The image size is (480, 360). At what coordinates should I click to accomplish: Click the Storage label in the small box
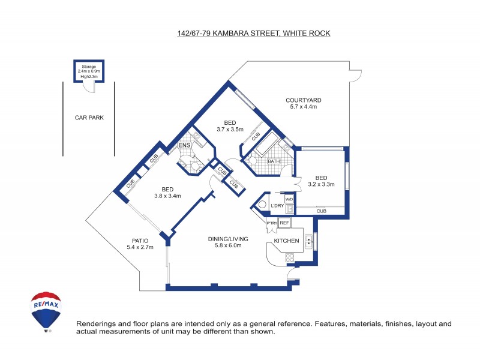pyautogui.click(x=88, y=66)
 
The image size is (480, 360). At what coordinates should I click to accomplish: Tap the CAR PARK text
pyautogui.click(x=89, y=118)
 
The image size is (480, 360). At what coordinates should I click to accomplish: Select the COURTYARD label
pyautogui.click(x=304, y=100)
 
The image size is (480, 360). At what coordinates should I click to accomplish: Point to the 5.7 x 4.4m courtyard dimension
pyautogui.click(x=304, y=107)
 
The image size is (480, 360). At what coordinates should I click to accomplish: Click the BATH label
pyautogui.click(x=274, y=161)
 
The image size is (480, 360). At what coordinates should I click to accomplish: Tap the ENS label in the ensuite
pyautogui.click(x=184, y=146)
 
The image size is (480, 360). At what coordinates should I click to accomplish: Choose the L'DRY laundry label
pyautogui.click(x=277, y=206)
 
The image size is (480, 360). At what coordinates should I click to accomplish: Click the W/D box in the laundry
pyautogui.click(x=289, y=199)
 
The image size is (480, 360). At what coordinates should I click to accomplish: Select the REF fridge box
pyautogui.click(x=284, y=223)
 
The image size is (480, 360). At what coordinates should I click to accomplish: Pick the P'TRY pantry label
pyautogui.click(x=272, y=223)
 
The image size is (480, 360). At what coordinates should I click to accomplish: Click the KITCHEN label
pyautogui.click(x=286, y=241)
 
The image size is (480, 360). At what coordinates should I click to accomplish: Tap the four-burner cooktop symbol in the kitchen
pyautogui.click(x=290, y=257)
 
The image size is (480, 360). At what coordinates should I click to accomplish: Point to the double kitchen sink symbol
pyautogui.click(x=308, y=242)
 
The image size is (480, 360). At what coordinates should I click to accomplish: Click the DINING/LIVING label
pyautogui.click(x=228, y=239)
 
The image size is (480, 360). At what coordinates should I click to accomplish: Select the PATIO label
pyautogui.click(x=140, y=240)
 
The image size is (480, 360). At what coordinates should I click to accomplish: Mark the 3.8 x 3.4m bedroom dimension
pyautogui.click(x=167, y=196)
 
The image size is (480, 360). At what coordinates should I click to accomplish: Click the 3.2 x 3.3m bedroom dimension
pyautogui.click(x=321, y=184)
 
